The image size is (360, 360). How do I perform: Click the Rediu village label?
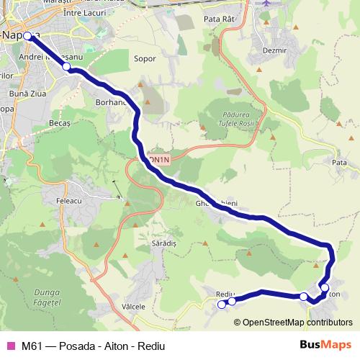coord(225,293)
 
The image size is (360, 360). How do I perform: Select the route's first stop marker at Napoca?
coord(27,36)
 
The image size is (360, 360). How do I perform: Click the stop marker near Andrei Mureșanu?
coord(66,67)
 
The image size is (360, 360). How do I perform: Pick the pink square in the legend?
coord(9,346)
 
